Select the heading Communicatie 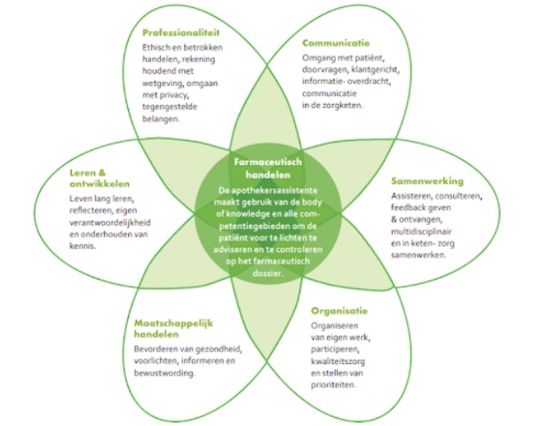coord(337,43)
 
